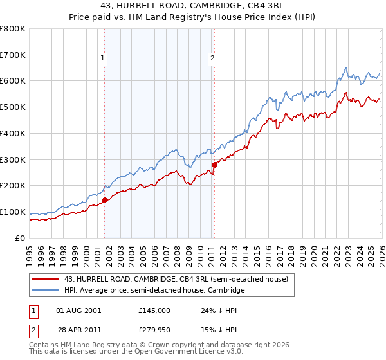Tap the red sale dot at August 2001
[x=104, y=200]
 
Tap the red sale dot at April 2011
[x=214, y=165]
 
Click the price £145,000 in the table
[x=154, y=310]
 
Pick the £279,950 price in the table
[x=154, y=329]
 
